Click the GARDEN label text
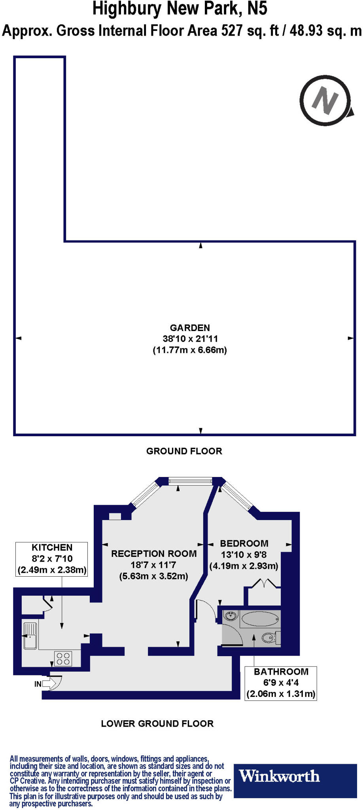pos(190,328)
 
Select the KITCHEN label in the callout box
pos(52,547)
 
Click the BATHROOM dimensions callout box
pos(281,683)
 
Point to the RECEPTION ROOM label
pos(154,554)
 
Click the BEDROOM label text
pos(244,543)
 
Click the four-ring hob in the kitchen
pos(63,659)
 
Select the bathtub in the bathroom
pos(260,619)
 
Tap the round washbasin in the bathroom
pos(231,616)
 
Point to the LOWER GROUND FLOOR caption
pos(157,724)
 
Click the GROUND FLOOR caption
pos(184,451)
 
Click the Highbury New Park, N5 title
pos(180,9)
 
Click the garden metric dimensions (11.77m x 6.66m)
pos(190,350)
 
